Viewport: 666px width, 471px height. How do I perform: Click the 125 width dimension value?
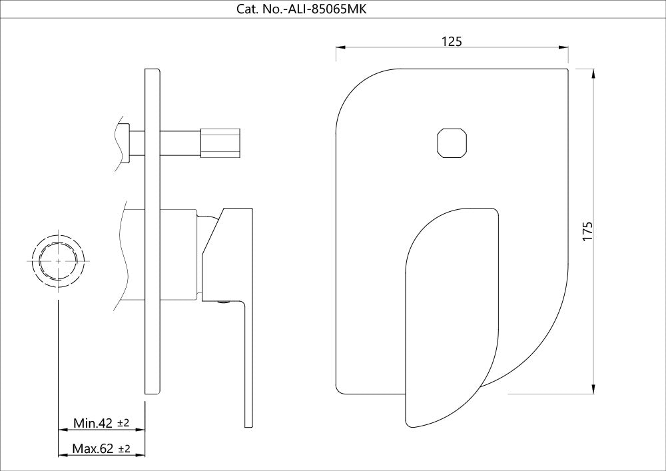coord(452,41)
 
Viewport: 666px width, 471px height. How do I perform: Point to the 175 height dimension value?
coord(587,231)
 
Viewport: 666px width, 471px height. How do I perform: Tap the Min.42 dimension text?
coord(93,423)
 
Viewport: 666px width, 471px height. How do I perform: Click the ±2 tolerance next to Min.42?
coord(123,423)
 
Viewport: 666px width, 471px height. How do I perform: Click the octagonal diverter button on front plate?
coord(452,143)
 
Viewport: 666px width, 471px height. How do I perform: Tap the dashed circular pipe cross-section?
coord(59,262)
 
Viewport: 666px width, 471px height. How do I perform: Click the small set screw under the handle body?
coord(222,303)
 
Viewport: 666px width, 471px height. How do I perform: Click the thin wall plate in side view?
coord(153,233)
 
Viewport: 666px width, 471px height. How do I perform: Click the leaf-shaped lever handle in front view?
coord(451,313)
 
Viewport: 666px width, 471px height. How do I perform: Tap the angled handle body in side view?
coord(226,253)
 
